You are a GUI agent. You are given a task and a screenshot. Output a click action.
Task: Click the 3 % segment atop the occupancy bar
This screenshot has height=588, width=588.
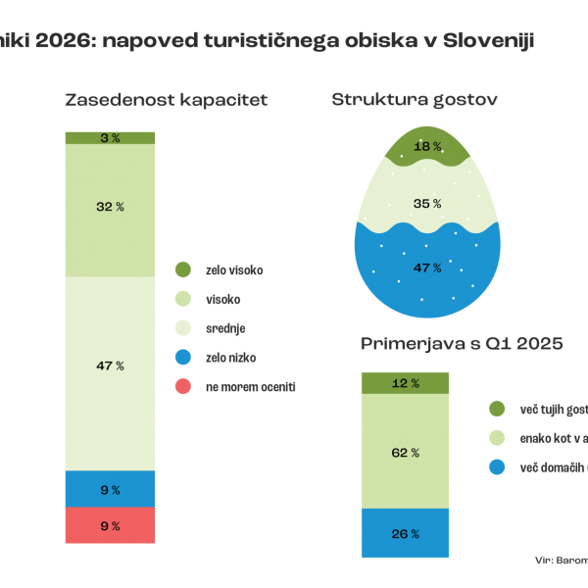coord(111,138)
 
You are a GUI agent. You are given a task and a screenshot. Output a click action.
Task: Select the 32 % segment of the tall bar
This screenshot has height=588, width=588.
coord(111,207)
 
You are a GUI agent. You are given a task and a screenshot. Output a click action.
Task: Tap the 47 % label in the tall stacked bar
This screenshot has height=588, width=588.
coord(111,366)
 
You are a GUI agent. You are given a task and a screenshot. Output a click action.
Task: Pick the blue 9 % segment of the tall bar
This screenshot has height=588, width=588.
coord(111,489)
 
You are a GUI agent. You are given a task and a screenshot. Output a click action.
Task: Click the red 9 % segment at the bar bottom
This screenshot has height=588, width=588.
coord(111,526)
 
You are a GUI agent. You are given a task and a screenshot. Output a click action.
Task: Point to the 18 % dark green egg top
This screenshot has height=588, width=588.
coord(426,147)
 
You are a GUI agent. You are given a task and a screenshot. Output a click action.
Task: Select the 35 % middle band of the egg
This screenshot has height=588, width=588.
coord(426,204)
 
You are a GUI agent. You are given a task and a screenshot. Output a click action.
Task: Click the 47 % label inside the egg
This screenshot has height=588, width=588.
coord(426,267)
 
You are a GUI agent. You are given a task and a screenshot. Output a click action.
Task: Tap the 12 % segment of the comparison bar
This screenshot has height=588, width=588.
coord(405,383)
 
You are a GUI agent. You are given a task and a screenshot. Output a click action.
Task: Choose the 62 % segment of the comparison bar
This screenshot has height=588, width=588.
coord(405,453)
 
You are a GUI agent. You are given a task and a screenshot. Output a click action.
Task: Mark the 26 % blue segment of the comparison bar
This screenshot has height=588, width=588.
coord(405,534)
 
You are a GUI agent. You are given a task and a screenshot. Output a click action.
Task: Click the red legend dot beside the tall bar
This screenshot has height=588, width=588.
coord(182,386)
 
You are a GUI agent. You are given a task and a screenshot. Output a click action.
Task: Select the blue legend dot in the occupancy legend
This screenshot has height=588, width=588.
coord(182,357)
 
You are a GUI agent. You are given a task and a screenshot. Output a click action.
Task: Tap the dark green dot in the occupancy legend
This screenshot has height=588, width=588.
coord(182,269)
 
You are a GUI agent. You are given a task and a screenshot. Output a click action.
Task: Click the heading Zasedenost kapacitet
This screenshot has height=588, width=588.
coord(167,100)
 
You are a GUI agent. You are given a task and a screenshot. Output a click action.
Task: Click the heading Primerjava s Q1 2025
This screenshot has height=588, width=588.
coord(461,344)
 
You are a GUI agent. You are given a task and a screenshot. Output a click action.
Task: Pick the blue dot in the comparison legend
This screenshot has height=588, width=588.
coord(497,466)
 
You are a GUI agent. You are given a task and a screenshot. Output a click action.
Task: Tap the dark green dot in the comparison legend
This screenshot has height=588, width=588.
coord(497,408)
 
